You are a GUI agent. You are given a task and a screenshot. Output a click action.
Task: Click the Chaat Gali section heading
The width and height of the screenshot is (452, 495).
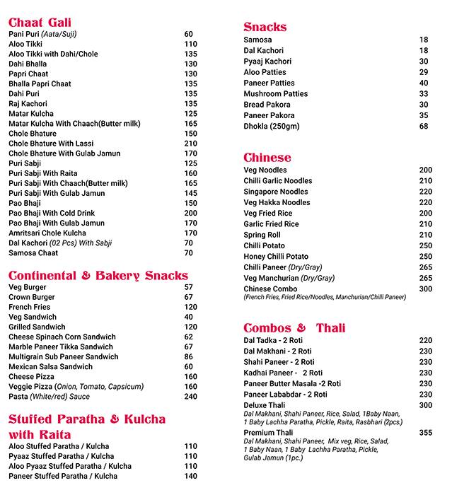(40, 22)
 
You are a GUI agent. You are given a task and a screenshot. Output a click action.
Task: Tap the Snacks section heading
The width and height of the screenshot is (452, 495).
(265, 27)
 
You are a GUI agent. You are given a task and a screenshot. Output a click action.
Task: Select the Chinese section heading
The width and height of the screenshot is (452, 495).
(267, 157)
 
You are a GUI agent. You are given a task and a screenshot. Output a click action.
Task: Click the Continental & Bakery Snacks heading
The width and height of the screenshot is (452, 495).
(98, 275)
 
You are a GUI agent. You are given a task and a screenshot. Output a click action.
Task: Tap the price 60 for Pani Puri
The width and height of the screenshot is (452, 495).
(189, 34)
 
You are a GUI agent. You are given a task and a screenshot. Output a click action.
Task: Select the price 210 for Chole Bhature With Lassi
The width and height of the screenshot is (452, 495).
(190, 144)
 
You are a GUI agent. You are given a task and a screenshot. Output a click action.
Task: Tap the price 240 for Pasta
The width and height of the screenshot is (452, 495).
(190, 397)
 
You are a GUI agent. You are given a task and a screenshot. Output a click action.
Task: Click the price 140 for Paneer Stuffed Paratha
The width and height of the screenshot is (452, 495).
(190, 477)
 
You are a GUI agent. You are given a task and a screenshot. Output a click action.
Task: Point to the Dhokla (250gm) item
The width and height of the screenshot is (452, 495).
(272, 126)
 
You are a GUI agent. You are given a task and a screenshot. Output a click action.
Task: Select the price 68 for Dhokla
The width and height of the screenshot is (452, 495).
(424, 126)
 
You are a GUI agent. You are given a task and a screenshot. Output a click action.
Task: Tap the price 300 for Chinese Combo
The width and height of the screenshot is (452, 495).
(425, 289)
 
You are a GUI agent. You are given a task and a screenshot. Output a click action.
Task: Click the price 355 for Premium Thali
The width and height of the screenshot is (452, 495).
(425, 432)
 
